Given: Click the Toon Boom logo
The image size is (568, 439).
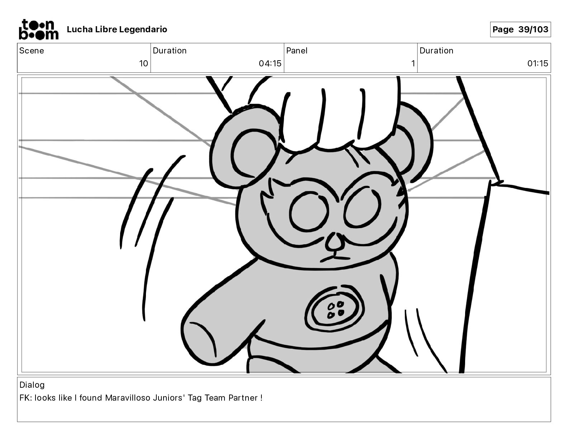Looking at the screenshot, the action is point(39,29).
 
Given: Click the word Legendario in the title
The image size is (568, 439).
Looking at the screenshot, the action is point(143,29).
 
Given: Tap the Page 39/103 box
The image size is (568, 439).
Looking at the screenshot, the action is point(520,29).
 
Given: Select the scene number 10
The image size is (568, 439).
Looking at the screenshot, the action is point(143,63).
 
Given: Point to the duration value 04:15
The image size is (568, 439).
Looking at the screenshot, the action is point(270,63).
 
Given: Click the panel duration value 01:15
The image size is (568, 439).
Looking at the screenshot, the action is point(538,63).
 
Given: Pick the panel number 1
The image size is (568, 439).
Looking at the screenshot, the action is point(413,63).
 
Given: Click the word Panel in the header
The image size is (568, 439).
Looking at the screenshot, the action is point(297,51).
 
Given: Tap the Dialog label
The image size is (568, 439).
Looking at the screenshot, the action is point(32,385).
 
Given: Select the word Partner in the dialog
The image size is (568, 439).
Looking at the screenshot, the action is point(243,398).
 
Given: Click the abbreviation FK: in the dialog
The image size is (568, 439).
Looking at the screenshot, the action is point(25,398).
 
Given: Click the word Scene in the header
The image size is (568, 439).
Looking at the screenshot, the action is point(32,51).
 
